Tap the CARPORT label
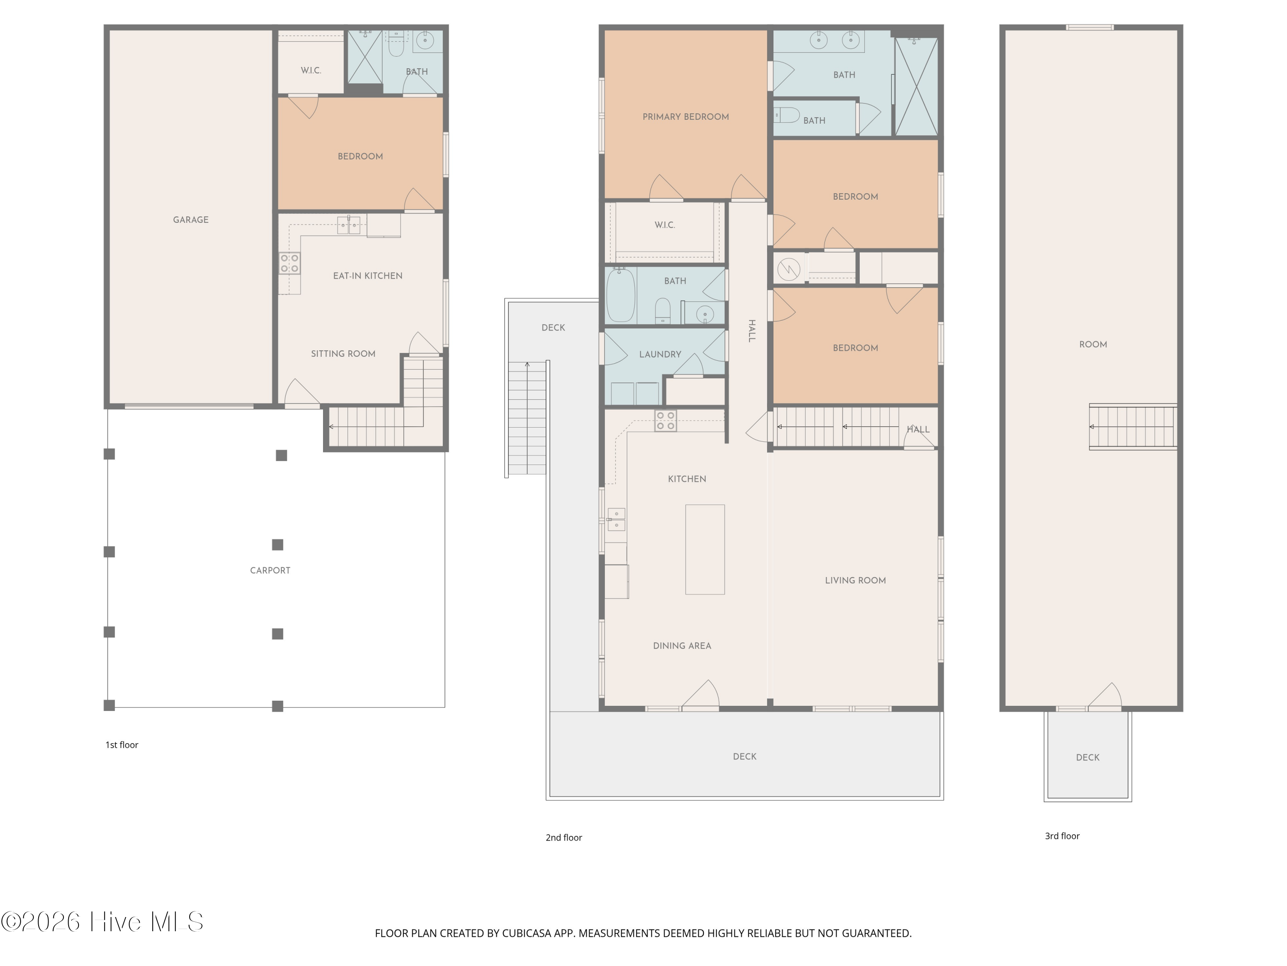270,570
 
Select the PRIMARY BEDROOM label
686,116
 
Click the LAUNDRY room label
660,354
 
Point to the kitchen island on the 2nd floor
704,549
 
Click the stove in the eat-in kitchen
289,263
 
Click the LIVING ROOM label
855,580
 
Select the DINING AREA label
682,645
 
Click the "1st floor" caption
121,745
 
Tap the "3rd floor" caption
1062,835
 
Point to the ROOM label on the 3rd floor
1093,344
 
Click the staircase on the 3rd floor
1132,427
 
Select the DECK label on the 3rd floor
1088,757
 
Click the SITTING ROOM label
343,353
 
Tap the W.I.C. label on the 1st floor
311,70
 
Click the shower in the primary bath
916,86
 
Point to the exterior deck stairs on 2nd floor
527,417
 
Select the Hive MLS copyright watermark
102,922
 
